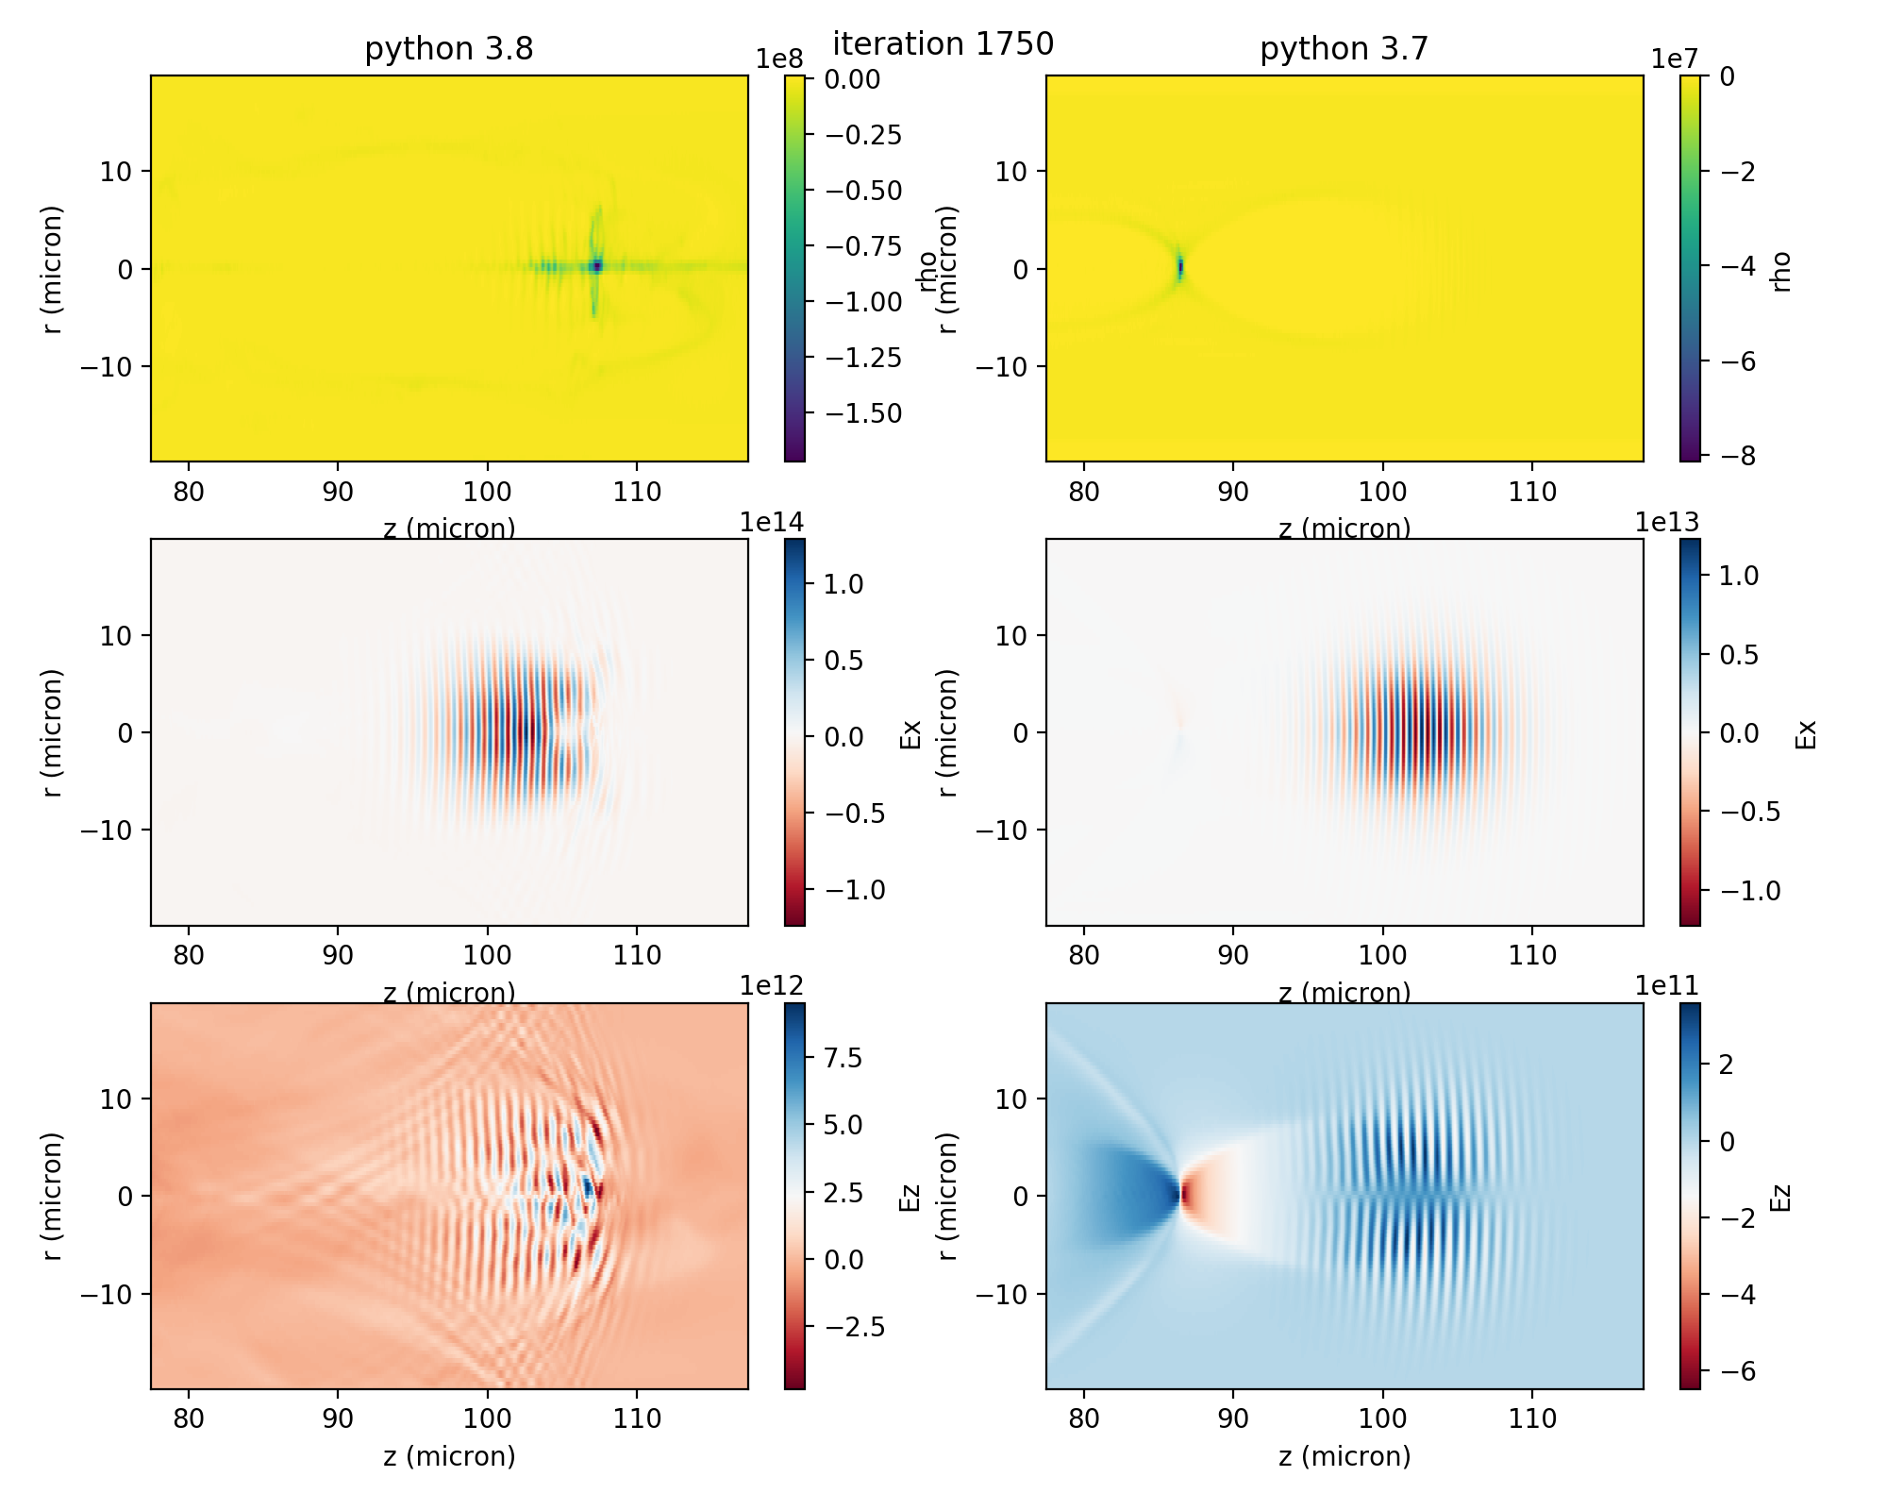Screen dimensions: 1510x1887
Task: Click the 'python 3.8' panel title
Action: click(x=449, y=49)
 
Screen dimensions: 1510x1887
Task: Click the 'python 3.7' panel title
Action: click(x=1344, y=49)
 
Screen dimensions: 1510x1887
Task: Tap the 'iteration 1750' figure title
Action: click(x=943, y=44)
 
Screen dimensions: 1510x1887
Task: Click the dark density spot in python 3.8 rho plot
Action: click(x=596, y=267)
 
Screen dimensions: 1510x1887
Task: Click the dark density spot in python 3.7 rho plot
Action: click(x=1179, y=268)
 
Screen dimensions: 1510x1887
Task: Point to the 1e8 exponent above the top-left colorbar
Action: click(x=779, y=59)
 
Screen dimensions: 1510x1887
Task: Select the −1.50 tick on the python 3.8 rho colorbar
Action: click(x=863, y=413)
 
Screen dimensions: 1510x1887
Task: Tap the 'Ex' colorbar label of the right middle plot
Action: click(x=1804, y=733)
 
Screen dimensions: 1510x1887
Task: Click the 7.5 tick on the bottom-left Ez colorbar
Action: click(x=843, y=1058)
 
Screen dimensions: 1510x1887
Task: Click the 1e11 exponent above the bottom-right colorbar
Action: click(x=1667, y=986)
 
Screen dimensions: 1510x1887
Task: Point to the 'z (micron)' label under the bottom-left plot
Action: click(x=449, y=1456)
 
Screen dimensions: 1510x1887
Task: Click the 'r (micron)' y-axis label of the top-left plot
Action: click(x=52, y=269)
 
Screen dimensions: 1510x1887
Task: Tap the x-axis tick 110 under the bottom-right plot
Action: click(x=1532, y=1418)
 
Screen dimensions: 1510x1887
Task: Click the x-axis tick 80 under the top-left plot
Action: click(x=189, y=492)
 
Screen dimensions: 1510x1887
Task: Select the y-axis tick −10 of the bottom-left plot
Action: click(x=110, y=1294)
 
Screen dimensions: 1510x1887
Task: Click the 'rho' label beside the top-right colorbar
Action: click(x=1780, y=271)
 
